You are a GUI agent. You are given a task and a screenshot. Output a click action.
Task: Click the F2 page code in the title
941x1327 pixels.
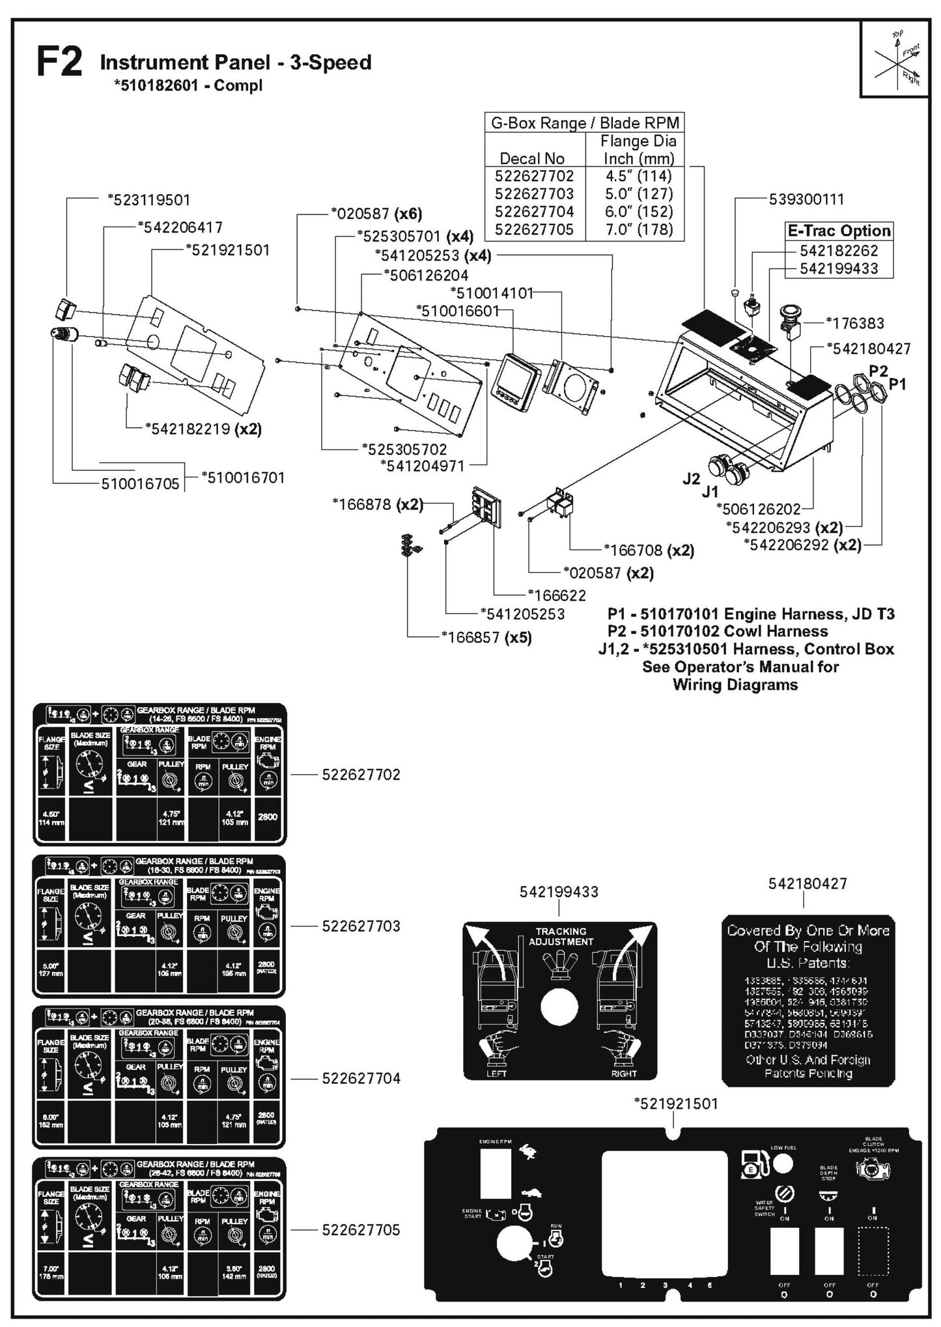click(x=59, y=63)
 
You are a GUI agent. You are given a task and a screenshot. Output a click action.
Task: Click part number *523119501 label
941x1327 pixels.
click(x=149, y=200)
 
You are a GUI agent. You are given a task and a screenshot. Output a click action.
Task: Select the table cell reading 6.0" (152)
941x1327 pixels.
click(x=638, y=212)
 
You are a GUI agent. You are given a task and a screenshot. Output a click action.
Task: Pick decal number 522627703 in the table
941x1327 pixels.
click(x=534, y=194)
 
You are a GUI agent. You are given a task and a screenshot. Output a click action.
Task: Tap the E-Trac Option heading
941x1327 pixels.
click(x=839, y=231)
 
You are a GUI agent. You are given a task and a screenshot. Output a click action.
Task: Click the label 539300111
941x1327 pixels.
click(x=806, y=199)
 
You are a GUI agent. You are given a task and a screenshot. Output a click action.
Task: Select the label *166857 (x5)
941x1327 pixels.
click(x=486, y=637)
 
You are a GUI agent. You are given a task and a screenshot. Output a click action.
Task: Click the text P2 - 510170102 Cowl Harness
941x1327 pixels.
click(x=718, y=631)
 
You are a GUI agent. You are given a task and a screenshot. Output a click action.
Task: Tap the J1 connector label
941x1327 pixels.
click(x=709, y=492)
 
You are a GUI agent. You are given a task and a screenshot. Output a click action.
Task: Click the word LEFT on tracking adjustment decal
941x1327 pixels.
click(x=496, y=1074)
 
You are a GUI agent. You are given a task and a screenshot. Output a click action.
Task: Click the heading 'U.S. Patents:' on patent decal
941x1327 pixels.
click(x=808, y=963)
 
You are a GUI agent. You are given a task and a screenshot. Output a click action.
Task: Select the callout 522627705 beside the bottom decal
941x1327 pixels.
click(x=361, y=1230)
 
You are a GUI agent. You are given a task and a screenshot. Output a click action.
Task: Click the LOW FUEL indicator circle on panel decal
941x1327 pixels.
click(x=783, y=1163)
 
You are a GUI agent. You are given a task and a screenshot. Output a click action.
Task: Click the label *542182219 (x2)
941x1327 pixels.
click(x=203, y=429)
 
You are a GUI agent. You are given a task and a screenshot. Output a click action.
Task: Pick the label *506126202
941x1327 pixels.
click(x=758, y=509)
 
